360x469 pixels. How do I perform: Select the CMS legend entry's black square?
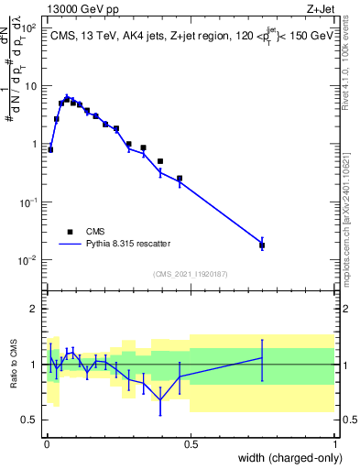tap(70, 232)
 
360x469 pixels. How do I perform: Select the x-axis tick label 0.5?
tap(191, 444)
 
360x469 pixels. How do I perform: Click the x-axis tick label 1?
tap(335, 444)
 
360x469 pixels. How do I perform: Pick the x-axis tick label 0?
tap(46, 444)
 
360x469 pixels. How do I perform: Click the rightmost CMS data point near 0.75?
tap(262, 245)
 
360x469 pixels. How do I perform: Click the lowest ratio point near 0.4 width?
tap(160, 400)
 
